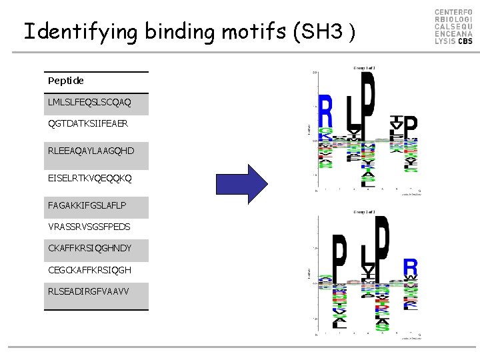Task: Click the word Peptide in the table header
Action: (66, 81)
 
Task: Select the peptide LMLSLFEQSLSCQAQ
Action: (89, 103)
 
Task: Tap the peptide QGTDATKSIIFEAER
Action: (88, 124)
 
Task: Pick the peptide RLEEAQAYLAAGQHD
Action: (91, 151)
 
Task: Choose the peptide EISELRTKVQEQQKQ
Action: (89, 178)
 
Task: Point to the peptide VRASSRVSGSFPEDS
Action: (89, 227)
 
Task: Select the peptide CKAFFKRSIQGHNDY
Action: (89, 249)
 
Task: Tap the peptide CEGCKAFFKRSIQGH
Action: (89, 270)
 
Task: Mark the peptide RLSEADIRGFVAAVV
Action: (89, 291)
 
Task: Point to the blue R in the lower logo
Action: (411, 267)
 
